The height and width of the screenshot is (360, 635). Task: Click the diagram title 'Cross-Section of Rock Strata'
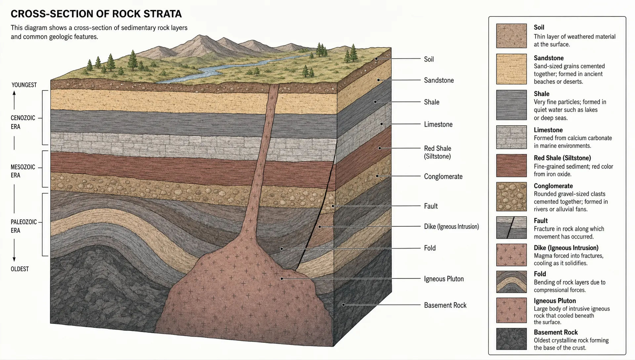click(96, 14)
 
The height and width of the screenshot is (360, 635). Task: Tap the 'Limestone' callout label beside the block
click(438, 124)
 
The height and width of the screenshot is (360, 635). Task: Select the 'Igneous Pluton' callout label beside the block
click(444, 279)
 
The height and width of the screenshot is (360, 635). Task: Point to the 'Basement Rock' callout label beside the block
click(445, 305)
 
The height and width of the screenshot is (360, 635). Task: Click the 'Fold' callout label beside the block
click(430, 248)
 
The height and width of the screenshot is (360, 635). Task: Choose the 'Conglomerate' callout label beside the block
click(443, 176)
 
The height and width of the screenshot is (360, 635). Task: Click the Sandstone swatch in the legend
click(511, 69)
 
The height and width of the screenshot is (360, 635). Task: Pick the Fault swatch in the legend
click(511, 228)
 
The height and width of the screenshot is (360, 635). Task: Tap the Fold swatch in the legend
click(511, 282)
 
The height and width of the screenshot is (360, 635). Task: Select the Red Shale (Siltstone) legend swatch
click(511, 165)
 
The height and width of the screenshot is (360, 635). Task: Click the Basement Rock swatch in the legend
click(511, 339)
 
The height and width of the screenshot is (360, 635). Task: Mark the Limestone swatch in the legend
click(511, 137)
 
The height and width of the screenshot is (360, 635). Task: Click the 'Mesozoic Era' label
click(23, 171)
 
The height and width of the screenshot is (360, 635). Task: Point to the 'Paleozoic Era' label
click(24, 226)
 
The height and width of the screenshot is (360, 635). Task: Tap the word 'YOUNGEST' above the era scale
click(24, 85)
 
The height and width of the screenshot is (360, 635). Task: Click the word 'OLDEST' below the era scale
click(20, 269)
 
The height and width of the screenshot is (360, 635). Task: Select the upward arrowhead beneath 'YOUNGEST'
click(14, 93)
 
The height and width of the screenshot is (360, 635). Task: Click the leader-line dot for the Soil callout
click(376, 59)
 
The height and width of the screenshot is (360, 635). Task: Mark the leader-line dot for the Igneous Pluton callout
click(282, 279)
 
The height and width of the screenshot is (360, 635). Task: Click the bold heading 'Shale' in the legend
click(541, 94)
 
